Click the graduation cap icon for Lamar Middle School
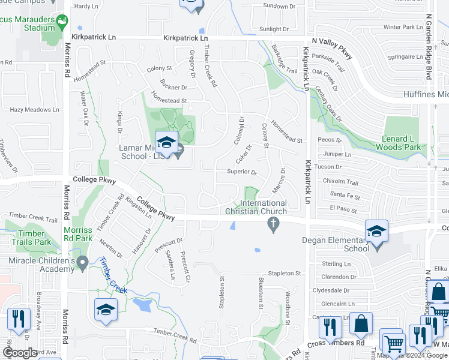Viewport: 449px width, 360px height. (166, 143)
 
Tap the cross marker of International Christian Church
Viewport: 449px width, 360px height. (273, 225)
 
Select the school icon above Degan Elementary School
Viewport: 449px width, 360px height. (376, 232)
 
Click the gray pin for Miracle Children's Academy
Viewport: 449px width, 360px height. (83, 262)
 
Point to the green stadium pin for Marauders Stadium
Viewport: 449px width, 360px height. (61, 23)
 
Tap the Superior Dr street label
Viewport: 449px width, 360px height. (241, 172)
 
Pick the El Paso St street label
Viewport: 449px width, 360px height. (343, 211)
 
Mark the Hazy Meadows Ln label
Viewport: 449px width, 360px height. (34, 110)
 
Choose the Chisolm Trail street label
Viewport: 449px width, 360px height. (344, 182)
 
